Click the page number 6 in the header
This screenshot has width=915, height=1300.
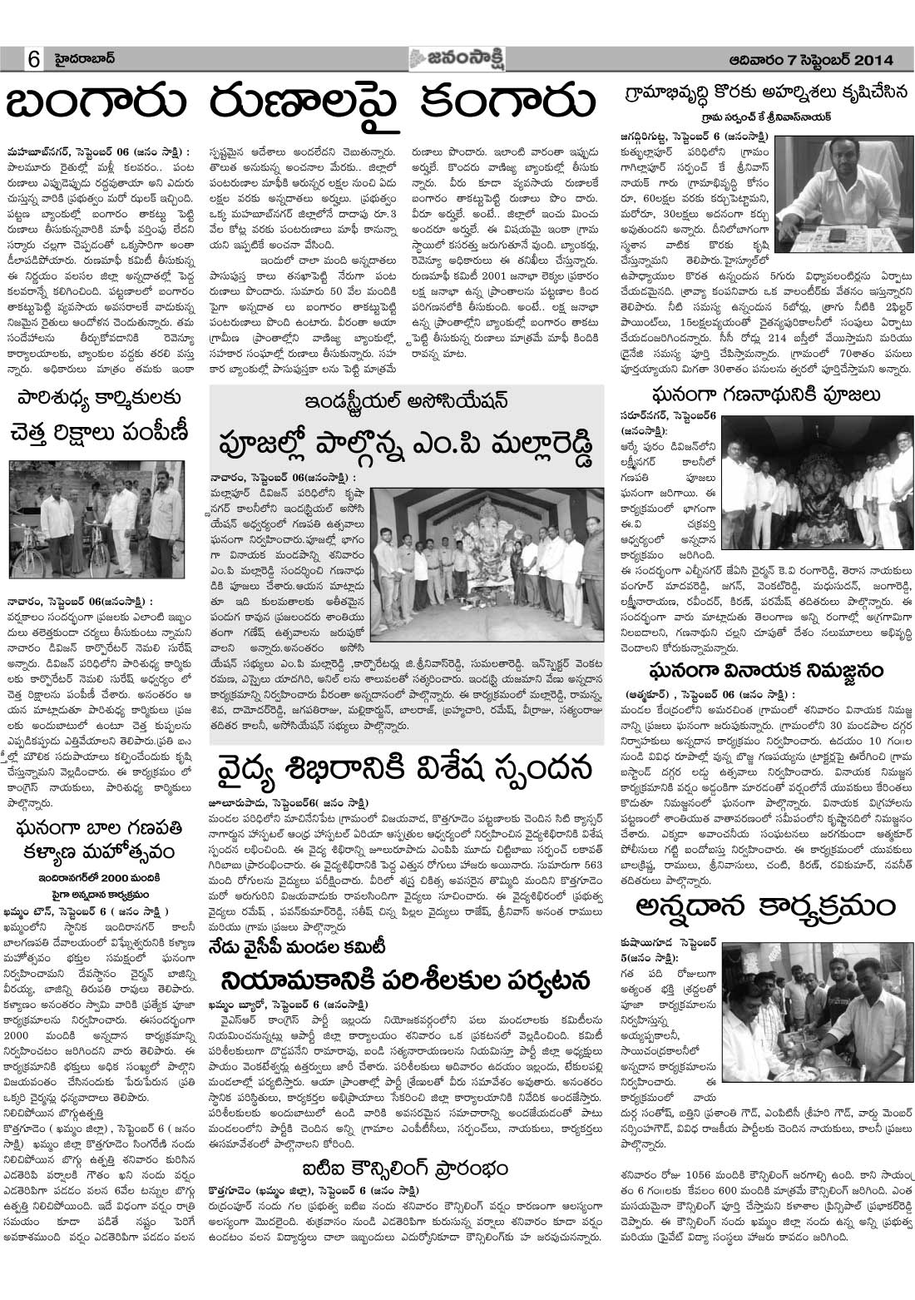click(34, 60)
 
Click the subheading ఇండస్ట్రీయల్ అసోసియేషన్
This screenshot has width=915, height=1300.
click(405, 399)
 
